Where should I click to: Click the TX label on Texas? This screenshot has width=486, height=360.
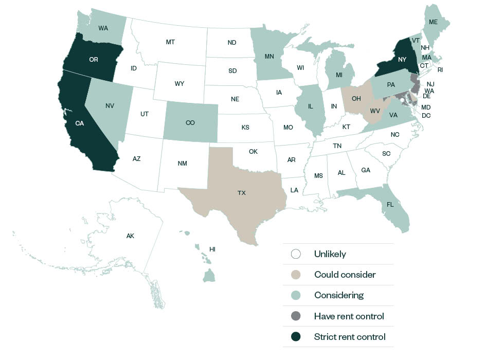242,193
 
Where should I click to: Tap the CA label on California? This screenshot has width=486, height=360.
79,123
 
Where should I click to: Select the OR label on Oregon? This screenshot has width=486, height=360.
94,60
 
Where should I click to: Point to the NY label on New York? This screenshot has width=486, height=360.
402,60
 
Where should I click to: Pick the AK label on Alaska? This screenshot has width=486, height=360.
130,236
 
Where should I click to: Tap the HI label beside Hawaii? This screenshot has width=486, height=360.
212,249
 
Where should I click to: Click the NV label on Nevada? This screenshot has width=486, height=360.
110,106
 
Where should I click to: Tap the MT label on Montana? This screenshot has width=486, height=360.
170,42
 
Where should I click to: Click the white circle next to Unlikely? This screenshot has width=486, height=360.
296,254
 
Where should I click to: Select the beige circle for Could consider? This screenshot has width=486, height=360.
296,275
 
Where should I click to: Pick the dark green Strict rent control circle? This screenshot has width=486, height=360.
296,337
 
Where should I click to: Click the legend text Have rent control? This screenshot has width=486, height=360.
349,316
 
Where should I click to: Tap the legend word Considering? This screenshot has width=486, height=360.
338,295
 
